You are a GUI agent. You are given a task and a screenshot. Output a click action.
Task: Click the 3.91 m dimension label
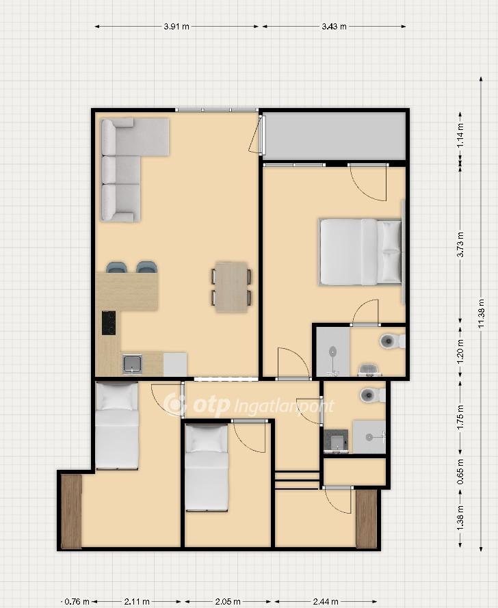[176, 27]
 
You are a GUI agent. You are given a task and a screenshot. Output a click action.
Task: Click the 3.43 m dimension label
[334, 27]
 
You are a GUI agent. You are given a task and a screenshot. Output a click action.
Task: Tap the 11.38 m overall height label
[482, 313]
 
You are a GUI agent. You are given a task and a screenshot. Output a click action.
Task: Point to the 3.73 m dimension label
[460, 244]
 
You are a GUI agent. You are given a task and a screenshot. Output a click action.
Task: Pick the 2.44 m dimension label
[326, 601]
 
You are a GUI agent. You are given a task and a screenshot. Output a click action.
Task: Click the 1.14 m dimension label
[460, 135]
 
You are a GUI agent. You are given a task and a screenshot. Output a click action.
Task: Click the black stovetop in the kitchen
[109, 323]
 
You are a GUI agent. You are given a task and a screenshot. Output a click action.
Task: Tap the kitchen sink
[132, 364]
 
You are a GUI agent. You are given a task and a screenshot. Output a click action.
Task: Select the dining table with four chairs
[231, 287]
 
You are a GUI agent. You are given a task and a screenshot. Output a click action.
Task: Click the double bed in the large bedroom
[361, 252]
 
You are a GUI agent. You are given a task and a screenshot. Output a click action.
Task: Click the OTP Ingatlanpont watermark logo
[248, 404]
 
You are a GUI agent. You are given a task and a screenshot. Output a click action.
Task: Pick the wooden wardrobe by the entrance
[367, 519]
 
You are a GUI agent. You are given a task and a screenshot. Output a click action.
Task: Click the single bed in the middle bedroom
[207, 468]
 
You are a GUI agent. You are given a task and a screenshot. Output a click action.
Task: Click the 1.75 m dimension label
[460, 417]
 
